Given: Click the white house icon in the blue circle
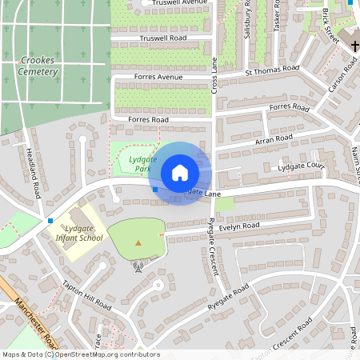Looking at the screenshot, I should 180,173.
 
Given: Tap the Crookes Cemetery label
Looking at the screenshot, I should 38,66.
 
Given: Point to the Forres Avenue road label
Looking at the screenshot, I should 149,78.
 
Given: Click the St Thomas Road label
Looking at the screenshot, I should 272,71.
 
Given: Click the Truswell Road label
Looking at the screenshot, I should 163,38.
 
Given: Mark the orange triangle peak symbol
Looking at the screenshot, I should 139,242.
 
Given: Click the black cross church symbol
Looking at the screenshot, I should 355,46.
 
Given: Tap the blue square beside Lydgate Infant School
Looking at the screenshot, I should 50,220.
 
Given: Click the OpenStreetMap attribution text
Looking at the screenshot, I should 81,354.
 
